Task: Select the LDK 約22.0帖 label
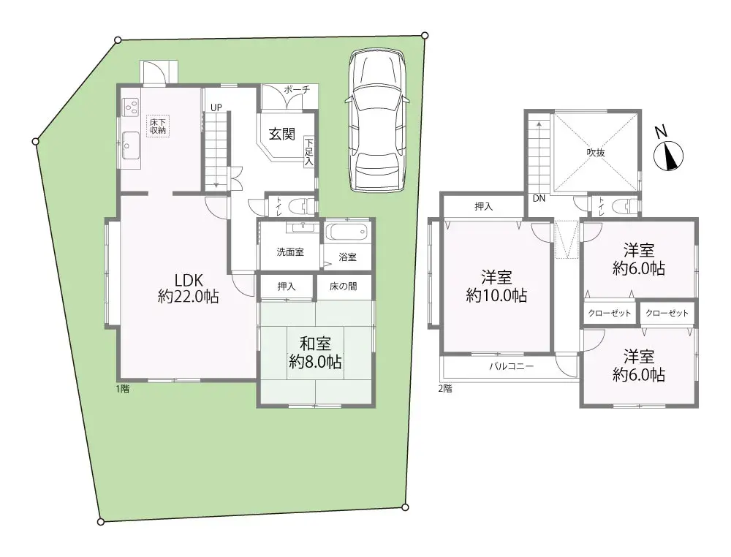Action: click(189, 289)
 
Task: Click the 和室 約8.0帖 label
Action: click(315, 353)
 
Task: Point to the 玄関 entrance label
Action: click(282, 134)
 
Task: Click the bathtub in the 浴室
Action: click(347, 232)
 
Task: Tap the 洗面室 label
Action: click(290, 252)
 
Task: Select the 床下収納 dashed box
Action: click(158, 126)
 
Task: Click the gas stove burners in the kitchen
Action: click(131, 107)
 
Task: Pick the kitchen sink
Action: click(131, 145)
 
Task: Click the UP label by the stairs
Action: click(216, 107)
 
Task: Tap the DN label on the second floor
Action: click(539, 199)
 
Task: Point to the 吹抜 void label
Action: click(596, 152)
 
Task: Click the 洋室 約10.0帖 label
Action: click(496, 287)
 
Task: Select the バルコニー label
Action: click(512, 366)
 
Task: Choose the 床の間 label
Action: click(344, 287)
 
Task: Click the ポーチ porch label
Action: click(297, 90)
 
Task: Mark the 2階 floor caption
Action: click(445, 388)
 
